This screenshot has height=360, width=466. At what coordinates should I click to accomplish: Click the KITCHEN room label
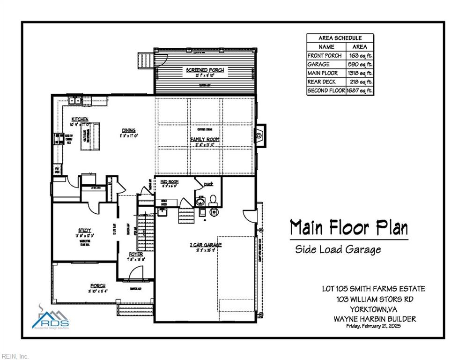click(x=80, y=120)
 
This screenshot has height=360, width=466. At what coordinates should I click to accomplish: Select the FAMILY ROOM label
click(x=205, y=140)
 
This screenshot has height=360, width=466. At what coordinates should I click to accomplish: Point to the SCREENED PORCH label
click(x=205, y=70)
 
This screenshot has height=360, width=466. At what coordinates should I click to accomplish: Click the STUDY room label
click(x=84, y=230)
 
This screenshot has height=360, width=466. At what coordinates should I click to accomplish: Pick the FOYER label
click(x=136, y=254)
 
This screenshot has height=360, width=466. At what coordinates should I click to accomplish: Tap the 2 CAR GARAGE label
click(x=206, y=245)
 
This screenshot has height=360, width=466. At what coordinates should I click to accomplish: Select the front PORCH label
click(x=98, y=285)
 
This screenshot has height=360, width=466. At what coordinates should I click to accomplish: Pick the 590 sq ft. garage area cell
click(x=360, y=64)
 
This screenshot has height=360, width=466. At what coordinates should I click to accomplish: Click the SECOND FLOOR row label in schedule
click(x=326, y=90)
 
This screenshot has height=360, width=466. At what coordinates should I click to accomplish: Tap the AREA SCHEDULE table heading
click(x=340, y=38)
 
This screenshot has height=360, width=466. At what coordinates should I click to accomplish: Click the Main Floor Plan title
click(x=348, y=228)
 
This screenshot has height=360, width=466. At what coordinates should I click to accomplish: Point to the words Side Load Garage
click(x=338, y=249)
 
